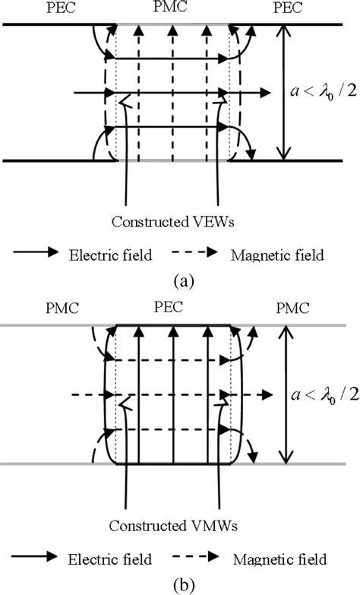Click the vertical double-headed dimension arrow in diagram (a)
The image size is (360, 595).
pos(283,92)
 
